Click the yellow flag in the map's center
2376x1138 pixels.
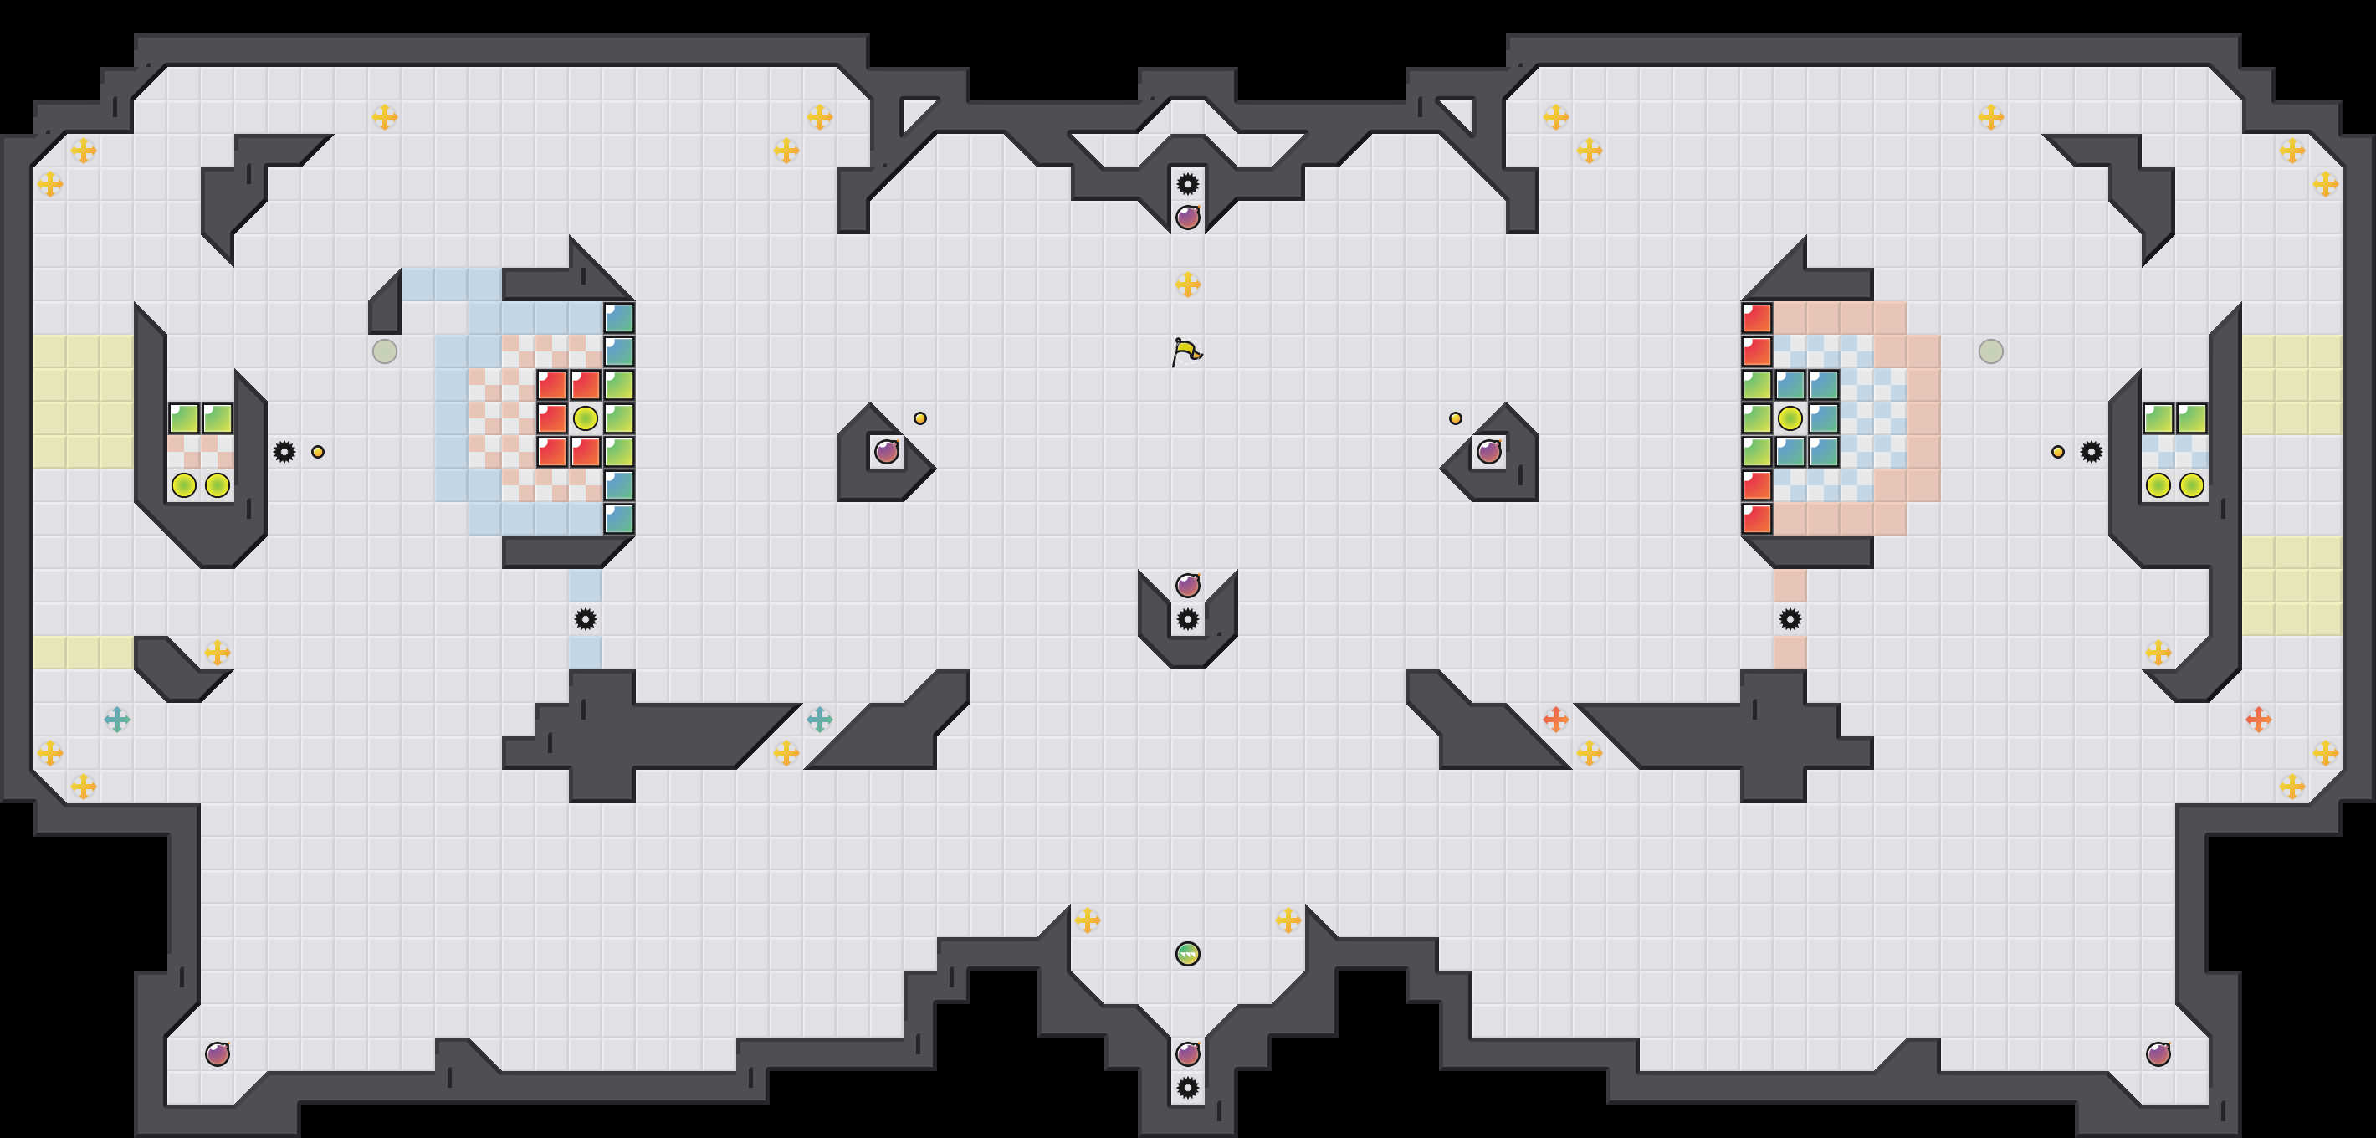click(x=1186, y=351)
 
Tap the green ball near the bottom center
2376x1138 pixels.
click(x=1188, y=954)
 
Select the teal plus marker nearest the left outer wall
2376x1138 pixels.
click(x=117, y=720)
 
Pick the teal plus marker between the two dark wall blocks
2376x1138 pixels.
click(x=819, y=720)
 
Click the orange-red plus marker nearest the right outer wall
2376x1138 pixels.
click(x=2258, y=720)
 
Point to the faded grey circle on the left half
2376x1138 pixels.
click(x=385, y=351)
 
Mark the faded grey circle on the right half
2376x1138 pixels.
click(x=1990, y=351)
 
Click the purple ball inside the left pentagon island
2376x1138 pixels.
click(x=886, y=452)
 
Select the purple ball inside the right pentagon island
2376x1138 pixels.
click(x=1488, y=452)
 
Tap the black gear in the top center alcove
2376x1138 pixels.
click(x=1188, y=184)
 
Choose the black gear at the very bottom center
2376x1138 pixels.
click(x=1188, y=1087)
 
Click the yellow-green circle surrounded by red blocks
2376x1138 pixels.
click(x=585, y=418)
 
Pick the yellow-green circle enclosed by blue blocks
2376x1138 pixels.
click(x=1790, y=418)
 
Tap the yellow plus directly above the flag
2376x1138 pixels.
click(x=1188, y=284)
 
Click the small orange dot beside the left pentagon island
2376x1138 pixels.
click(x=919, y=418)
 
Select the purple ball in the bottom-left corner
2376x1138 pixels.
click(x=218, y=1053)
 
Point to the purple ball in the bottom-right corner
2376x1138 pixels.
click(x=2158, y=1053)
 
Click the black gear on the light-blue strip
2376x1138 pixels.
click(x=585, y=619)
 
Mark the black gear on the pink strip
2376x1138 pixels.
click(x=1790, y=619)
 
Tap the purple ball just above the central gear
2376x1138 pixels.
click(x=1188, y=586)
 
